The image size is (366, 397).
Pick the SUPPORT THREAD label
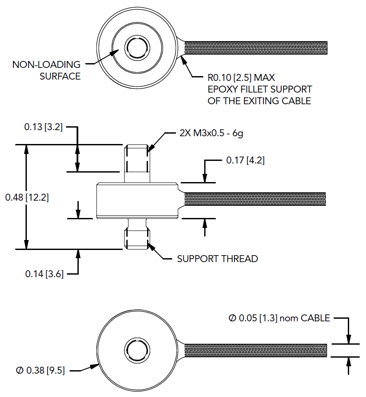(218, 259)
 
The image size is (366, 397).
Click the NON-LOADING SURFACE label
(46, 70)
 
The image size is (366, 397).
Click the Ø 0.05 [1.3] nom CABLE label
(279, 318)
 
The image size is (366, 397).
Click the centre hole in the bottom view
(137, 349)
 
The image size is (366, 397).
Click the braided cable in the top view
(255, 48)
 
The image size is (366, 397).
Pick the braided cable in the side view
(255, 199)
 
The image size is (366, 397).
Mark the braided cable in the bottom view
(255, 350)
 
